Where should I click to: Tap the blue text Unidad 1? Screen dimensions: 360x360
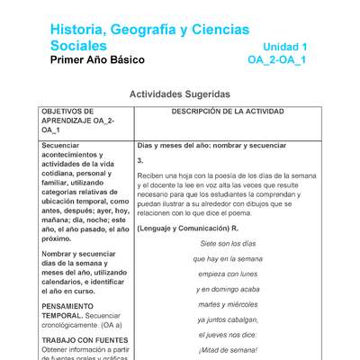[284, 47]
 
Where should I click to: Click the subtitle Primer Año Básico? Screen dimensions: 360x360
[97, 60]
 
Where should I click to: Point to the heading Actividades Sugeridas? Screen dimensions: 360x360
[180, 94]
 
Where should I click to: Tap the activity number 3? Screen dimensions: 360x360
[140, 160]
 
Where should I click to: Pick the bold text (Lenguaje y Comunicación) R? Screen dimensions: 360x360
[187, 229]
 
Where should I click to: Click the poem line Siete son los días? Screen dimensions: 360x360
[228, 243]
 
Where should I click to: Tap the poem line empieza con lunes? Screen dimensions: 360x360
[228, 274]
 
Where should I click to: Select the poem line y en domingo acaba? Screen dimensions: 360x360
[228, 289]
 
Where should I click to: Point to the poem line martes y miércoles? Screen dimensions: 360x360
[228, 304]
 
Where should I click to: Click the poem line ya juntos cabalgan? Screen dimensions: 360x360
[228, 319]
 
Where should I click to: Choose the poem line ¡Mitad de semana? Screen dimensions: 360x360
[228, 348]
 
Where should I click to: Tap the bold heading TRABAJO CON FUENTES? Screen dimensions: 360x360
[85, 340]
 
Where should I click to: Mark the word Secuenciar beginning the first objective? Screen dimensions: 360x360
[67, 144]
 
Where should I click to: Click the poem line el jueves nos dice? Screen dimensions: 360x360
[228, 334]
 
